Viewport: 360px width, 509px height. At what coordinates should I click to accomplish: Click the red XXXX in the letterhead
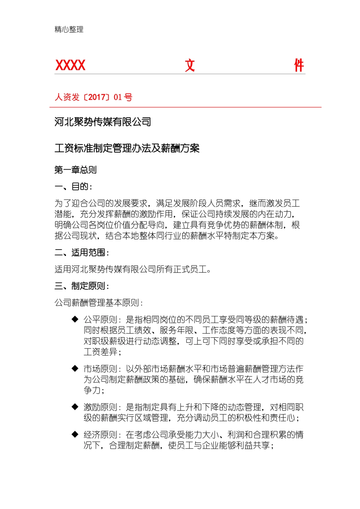pos(70,66)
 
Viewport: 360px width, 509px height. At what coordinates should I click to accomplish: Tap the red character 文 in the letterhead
pos(190,66)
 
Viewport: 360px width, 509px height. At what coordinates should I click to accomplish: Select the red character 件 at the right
pos(299,66)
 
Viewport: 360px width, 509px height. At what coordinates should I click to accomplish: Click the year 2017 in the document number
pos(97,97)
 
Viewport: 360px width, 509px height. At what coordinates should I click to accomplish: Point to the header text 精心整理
pos(69,30)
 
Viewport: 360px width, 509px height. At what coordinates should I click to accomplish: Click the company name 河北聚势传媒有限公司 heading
pos(103,122)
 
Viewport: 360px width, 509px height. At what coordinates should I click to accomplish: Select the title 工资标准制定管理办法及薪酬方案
pos(127,148)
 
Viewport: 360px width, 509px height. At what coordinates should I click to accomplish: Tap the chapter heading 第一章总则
pos(75,170)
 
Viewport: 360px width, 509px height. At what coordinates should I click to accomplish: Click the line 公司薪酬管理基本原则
pos(99,303)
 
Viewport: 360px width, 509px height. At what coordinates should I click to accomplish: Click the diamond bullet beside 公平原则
pos(75,319)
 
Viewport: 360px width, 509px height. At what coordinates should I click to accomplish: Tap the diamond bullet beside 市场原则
pos(75,368)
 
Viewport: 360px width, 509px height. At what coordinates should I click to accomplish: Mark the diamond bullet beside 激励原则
pos(75,407)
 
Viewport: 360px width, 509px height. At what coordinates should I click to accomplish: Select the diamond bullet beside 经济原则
pos(75,434)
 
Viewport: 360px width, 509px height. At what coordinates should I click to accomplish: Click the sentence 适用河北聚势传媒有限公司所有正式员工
pos(133,269)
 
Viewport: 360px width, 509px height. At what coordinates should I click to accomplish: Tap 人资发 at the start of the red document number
pos(67,97)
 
